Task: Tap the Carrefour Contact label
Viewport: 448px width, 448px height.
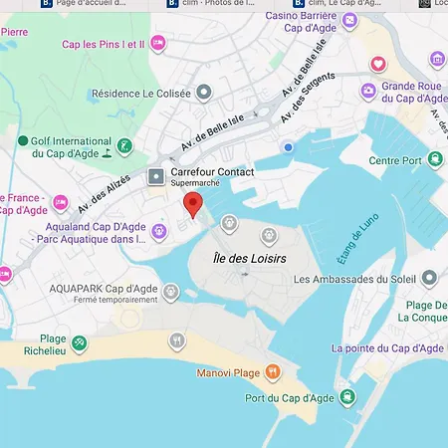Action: coord(213,172)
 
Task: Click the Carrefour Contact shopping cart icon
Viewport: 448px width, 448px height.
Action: coord(156,177)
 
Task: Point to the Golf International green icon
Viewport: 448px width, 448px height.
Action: coord(123,147)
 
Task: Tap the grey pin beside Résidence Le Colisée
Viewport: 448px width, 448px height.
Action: coord(204,93)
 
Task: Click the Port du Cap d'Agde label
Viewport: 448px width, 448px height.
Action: coord(289,398)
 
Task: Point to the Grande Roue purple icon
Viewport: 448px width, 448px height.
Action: coord(368,91)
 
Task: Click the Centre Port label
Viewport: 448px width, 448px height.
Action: coord(396,160)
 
